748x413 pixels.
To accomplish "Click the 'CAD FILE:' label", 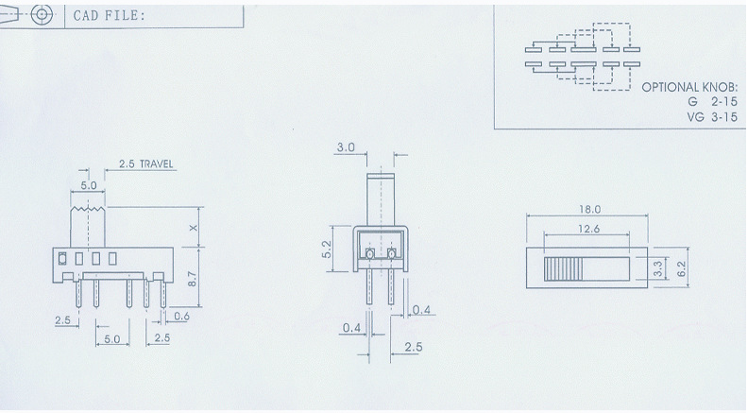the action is coord(109,15).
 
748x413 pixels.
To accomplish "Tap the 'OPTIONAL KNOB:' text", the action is coord(689,87).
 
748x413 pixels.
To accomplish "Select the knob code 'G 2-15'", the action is coord(712,102).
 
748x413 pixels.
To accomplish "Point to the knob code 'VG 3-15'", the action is coord(712,117).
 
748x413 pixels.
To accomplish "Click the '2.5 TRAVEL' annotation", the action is coord(146,163).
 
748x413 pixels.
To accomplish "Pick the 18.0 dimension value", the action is coord(589,209).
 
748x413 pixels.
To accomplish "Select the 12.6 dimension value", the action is coord(588,229).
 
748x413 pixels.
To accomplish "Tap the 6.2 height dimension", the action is coord(681,268).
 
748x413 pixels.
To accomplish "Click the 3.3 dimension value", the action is coord(658,268).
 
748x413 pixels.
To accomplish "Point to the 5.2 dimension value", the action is coord(326,250).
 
